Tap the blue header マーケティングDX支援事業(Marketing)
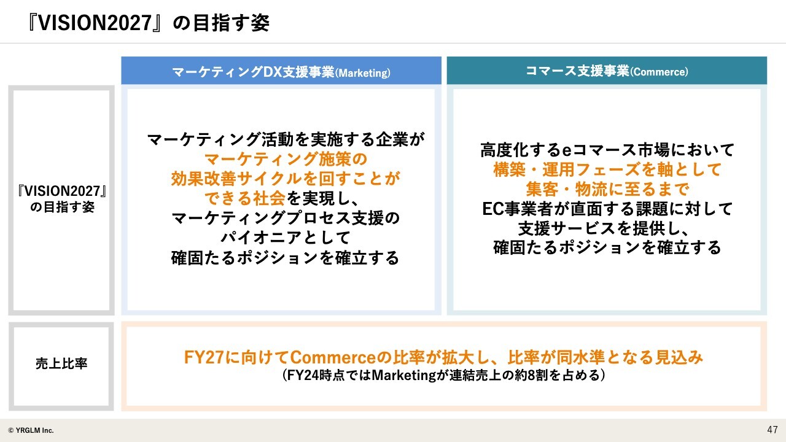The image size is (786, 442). point(281,72)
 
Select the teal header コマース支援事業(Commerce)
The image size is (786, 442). point(607,71)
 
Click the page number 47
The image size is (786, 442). point(772,430)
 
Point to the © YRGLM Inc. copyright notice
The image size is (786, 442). point(31,430)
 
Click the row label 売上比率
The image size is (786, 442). point(61,363)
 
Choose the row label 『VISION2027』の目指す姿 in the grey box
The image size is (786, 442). point(62,199)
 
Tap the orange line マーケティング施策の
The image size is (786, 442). point(286,159)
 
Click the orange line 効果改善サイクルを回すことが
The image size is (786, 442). point(286,179)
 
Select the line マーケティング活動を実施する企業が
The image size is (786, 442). point(286,139)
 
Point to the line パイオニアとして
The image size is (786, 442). point(286,238)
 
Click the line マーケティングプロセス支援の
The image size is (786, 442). point(286,218)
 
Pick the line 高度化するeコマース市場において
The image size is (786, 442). point(607,150)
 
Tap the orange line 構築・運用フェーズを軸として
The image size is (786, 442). point(607,169)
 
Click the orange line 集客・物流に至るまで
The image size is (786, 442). point(607,189)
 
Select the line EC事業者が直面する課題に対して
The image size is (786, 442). point(607,209)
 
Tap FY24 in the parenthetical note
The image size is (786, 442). point(303,375)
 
